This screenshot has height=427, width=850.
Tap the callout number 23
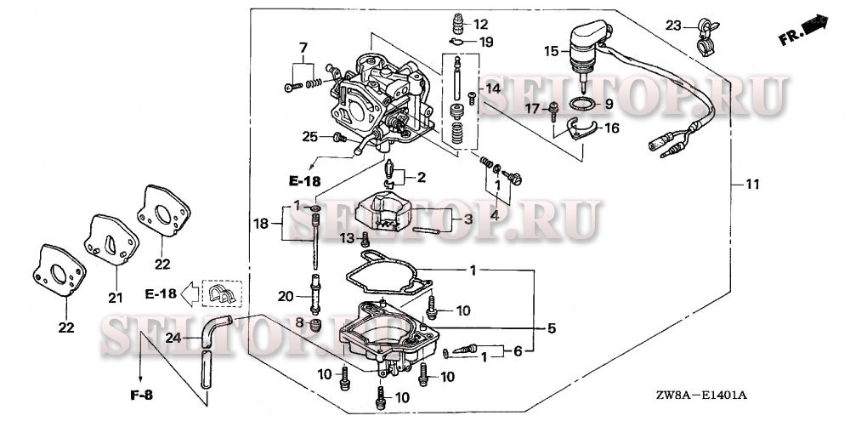pyautogui.click(x=674, y=26)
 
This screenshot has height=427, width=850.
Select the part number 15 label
pyautogui.click(x=552, y=52)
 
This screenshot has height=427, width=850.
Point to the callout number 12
pyautogui.click(x=482, y=24)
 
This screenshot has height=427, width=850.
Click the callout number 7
pyautogui.click(x=303, y=45)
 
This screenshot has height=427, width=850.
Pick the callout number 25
pyautogui.click(x=310, y=136)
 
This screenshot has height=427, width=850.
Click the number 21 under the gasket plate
pyautogui.click(x=115, y=298)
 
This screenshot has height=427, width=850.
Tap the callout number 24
pyautogui.click(x=173, y=338)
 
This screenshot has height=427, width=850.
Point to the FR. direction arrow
pyautogui.click(x=804, y=29)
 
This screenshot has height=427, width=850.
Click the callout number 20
pyautogui.click(x=286, y=296)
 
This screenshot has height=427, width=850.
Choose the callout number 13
pyautogui.click(x=346, y=237)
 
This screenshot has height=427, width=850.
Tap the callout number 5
pyautogui.click(x=552, y=327)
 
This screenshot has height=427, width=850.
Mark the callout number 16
pyautogui.click(x=610, y=128)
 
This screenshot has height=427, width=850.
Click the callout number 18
pyautogui.click(x=263, y=224)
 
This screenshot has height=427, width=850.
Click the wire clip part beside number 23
pyautogui.click(x=702, y=37)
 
